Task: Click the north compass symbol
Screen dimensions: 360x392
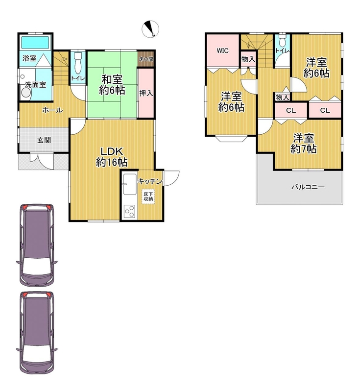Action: (150, 29)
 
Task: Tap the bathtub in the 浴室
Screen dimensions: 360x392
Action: (35, 43)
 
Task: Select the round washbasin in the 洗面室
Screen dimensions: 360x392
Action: (26, 93)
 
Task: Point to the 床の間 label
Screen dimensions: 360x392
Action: (146, 59)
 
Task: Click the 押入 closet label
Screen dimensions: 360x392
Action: (146, 93)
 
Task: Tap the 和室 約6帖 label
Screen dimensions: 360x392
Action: (112, 85)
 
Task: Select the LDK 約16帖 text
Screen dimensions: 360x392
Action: (112, 157)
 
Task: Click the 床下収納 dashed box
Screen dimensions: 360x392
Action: (148, 196)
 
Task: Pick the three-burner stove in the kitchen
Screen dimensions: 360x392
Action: (130, 212)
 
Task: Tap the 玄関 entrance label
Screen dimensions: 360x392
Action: (44, 140)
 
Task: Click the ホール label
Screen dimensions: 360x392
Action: (52, 110)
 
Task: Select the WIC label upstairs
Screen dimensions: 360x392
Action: (222, 51)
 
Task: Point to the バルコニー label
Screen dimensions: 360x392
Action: (308, 187)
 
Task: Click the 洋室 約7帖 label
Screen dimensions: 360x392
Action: (304, 144)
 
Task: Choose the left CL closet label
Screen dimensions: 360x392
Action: (291, 111)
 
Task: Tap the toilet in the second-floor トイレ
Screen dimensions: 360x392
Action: (283, 40)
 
